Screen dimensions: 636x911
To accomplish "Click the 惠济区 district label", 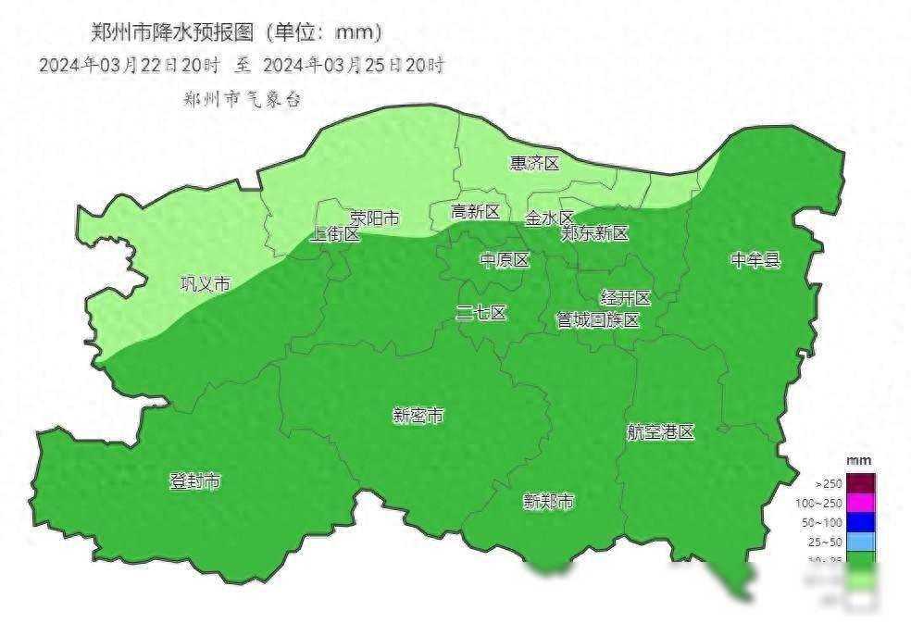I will [535, 164].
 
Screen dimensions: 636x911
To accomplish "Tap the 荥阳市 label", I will [375, 218].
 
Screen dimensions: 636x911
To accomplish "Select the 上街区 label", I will [335, 234].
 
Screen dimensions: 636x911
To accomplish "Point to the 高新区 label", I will [475, 212].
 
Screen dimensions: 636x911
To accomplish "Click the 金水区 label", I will [550, 218].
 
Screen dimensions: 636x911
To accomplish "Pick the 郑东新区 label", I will [594, 234].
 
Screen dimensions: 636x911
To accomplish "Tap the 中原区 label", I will [505, 260].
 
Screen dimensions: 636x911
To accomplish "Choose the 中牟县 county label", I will [755, 260].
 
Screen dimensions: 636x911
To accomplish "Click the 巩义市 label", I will [205, 284].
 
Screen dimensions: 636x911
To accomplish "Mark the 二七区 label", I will [481, 313].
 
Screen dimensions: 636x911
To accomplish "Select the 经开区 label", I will [627, 298].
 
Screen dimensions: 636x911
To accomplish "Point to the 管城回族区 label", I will [598, 320].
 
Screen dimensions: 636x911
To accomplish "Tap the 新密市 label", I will [418, 417].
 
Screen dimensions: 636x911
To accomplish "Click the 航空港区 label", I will [660, 432].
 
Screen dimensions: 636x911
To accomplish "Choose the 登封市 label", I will [195, 481].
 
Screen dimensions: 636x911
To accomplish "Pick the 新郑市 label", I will [548, 502].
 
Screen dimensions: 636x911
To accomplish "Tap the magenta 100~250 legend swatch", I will [860, 503].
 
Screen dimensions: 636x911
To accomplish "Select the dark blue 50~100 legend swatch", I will [860, 522].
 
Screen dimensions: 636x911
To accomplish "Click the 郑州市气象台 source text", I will [243, 99].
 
